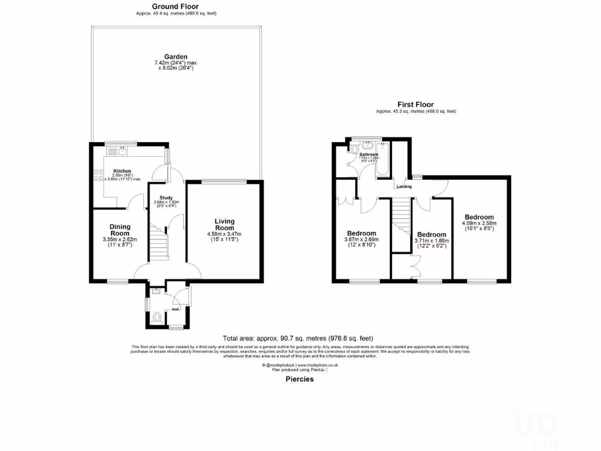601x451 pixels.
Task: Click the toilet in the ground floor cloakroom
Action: [x=157, y=318]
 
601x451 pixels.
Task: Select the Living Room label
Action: [x=224, y=224]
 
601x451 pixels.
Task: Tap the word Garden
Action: [x=175, y=57]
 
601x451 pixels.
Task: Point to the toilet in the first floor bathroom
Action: [x=353, y=151]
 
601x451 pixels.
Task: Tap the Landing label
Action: [x=404, y=187]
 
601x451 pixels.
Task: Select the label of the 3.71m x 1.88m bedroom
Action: [x=431, y=234]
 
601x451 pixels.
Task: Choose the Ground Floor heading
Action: [x=175, y=6]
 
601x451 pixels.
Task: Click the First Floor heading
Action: [x=416, y=105]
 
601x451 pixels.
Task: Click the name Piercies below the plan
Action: [x=299, y=379]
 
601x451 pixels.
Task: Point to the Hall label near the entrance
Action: [x=175, y=308]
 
